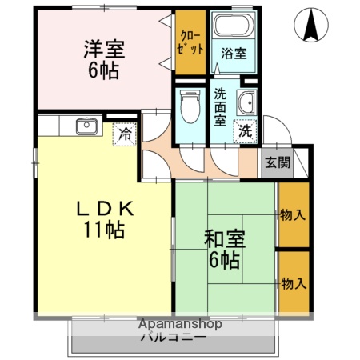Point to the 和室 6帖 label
(x=223, y=249)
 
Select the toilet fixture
(x=190, y=107)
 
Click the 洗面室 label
(x=220, y=107)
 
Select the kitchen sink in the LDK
(x=86, y=126)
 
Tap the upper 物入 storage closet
(x=293, y=214)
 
